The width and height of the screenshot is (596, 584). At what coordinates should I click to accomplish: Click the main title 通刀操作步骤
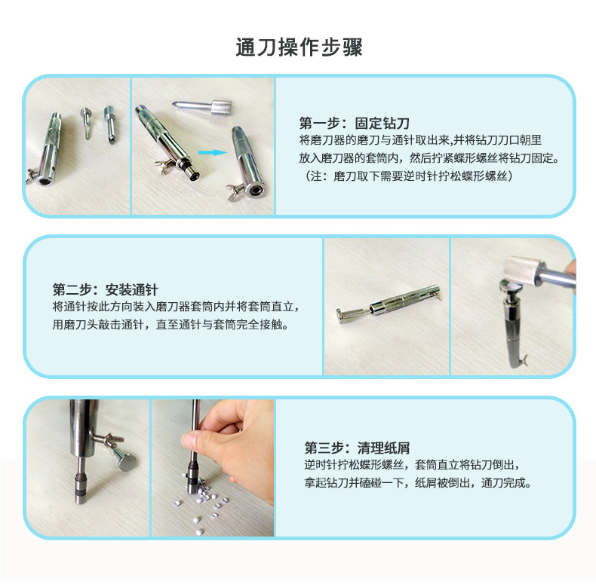[x=299, y=47]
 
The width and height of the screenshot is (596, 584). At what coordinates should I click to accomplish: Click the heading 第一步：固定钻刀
[x=355, y=123]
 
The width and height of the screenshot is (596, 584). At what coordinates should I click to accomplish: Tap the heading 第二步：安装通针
[x=106, y=289]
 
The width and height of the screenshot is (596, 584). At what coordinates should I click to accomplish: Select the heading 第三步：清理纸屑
[x=357, y=448]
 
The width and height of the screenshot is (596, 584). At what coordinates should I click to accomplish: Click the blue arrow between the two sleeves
[x=213, y=153]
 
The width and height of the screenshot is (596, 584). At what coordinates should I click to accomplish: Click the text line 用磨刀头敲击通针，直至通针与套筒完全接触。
[x=171, y=325]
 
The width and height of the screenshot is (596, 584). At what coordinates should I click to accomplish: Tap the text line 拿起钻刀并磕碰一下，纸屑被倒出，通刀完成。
[x=418, y=482]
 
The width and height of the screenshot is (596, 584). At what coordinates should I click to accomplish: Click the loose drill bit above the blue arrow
[x=202, y=106]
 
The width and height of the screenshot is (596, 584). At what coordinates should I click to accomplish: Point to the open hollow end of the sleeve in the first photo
[x=45, y=181]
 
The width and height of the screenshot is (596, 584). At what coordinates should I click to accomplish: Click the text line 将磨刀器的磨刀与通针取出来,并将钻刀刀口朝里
[x=420, y=140]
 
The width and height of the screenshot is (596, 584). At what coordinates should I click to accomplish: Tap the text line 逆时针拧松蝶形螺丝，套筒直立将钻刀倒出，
[x=412, y=465]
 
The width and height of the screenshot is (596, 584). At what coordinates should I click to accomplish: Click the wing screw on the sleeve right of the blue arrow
[x=235, y=190]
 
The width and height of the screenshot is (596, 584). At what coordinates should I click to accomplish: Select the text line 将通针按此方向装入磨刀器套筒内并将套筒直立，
[x=176, y=307]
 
